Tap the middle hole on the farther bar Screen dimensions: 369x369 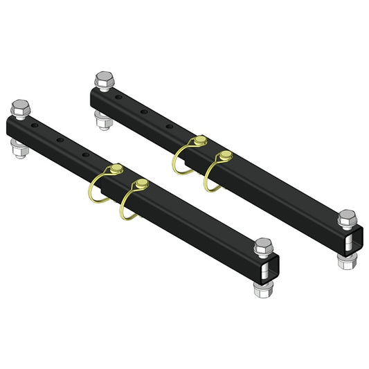click(144, 109)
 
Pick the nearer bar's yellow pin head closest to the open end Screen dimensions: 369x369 click(143, 183)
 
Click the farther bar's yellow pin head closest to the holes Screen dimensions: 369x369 click(199, 142)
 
